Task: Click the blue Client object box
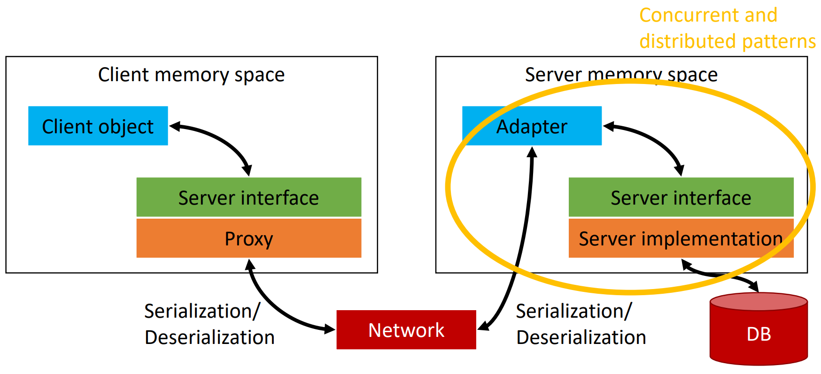(x=98, y=126)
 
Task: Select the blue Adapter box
(x=532, y=126)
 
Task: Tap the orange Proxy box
(x=248, y=238)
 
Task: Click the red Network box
(x=406, y=330)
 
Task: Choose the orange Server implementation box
(x=681, y=238)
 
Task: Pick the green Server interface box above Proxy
(x=248, y=198)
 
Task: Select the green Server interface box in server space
(x=681, y=198)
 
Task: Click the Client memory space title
(x=191, y=75)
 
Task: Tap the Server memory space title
(x=621, y=75)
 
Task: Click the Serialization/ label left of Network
(x=202, y=311)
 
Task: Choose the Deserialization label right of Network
(x=581, y=337)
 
